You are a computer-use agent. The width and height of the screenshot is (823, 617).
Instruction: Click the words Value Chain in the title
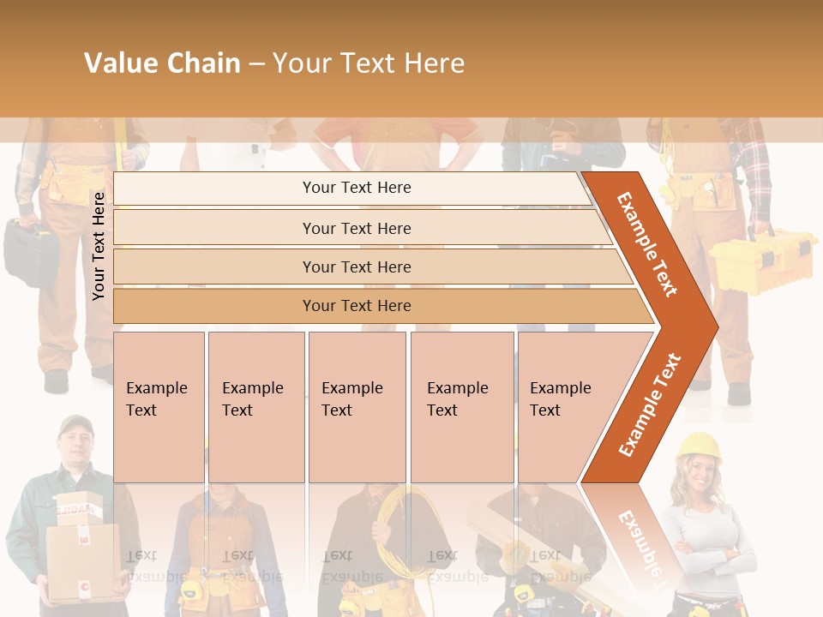[x=162, y=63]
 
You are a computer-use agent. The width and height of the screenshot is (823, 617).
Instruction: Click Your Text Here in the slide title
[x=369, y=63]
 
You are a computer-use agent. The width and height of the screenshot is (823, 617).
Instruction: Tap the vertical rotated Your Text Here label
[x=99, y=246]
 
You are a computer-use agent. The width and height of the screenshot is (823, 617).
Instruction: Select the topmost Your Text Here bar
[x=357, y=188]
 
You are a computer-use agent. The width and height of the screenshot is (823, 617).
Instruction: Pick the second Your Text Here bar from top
[x=357, y=228]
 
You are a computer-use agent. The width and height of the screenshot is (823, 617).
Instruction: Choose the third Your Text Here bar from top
[x=357, y=267]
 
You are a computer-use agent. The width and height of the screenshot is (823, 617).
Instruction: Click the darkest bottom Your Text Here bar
[x=357, y=306]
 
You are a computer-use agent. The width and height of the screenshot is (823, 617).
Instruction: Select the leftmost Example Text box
[x=159, y=407]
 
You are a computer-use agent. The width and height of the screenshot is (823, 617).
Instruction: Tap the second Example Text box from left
[x=255, y=407]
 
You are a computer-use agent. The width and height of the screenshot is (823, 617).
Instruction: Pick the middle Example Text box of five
[x=357, y=407]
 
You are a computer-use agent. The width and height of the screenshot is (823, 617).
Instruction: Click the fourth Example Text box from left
[x=461, y=407]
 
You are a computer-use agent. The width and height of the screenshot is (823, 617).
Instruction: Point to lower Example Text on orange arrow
[x=649, y=405]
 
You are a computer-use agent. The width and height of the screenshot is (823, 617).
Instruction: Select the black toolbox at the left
[x=31, y=251]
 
